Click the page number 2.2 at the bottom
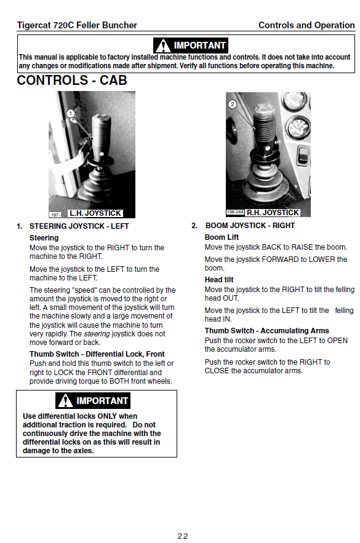(x=183, y=536)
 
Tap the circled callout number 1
(x=71, y=113)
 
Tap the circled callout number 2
(x=233, y=104)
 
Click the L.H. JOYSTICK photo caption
(x=95, y=213)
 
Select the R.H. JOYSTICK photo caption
(x=273, y=213)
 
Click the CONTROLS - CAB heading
(x=72, y=81)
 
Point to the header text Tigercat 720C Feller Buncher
(x=77, y=25)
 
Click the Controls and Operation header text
(x=306, y=25)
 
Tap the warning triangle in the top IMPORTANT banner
(x=163, y=46)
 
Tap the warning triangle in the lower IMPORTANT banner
(x=65, y=401)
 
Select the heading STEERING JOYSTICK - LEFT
(x=79, y=226)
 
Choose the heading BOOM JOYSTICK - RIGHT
(x=250, y=226)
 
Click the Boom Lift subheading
(x=222, y=237)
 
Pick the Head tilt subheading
(x=219, y=279)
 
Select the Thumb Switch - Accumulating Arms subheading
(x=267, y=331)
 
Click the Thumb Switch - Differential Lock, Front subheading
(x=97, y=354)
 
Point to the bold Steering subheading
(x=44, y=238)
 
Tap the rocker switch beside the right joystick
(x=303, y=156)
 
